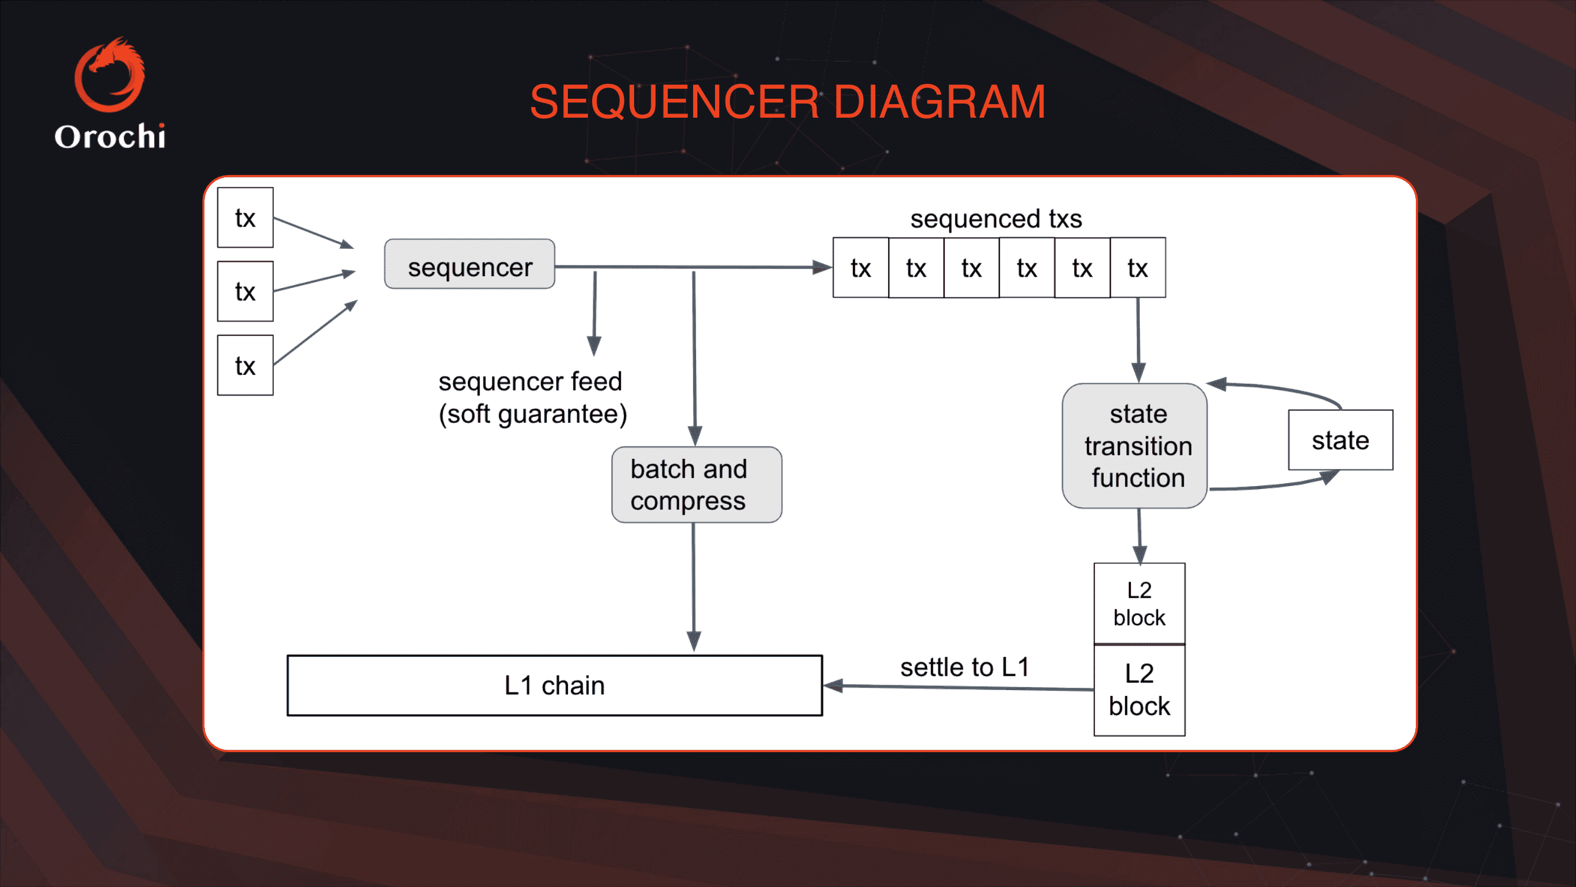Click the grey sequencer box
point(469,264)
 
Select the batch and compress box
point(696,484)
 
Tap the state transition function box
point(1134,446)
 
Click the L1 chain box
point(554,685)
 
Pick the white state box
point(1340,440)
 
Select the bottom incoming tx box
point(245,365)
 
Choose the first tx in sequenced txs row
point(860,267)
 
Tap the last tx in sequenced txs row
point(1138,267)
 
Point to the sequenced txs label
point(995,219)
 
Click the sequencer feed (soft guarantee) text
point(532,397)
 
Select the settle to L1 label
point(964,666)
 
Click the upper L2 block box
point(1139,603)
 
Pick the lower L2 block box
point(1139,690)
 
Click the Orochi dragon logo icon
point(110,75)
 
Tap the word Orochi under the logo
point(110,136)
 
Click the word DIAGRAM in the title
point(939,102)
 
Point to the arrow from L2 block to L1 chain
point(957,688)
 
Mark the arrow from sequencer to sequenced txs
point(691,267)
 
